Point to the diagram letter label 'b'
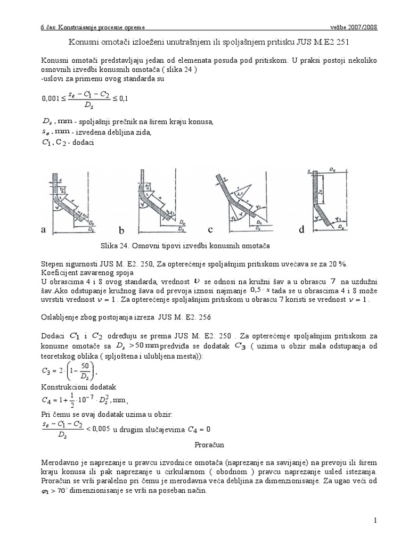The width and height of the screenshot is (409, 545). pyautogui.click(x=121, y=230)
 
